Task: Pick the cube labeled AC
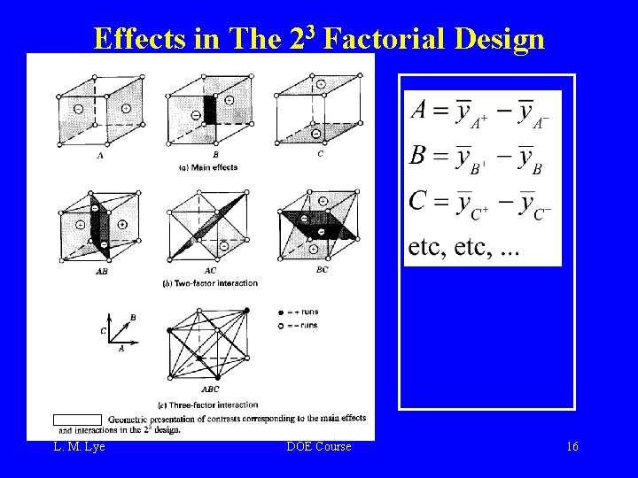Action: [x=210, y=224]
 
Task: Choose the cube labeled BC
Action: [x=318, y=224]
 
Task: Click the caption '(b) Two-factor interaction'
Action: [x=210, y=283]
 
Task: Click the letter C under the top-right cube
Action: [x=320, y=153]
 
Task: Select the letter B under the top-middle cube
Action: [x=216, y=153]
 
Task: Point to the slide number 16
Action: [x=572, y=447]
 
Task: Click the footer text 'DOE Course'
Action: [x=319, y=447]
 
